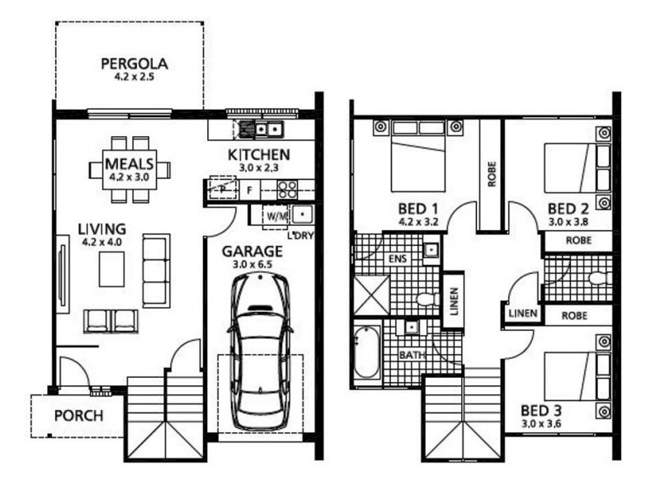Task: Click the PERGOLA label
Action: click(134, 63)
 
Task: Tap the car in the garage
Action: click(260, 351)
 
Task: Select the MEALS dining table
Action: click(130, 169)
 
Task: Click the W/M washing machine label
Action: click(276, 216)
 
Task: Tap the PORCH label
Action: click(78, 415)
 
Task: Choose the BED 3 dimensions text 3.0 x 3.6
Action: click(547, 423)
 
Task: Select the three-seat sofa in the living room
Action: click(156, 258)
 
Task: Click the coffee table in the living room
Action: click(111, 268)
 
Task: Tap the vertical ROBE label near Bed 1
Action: click(492, 173)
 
